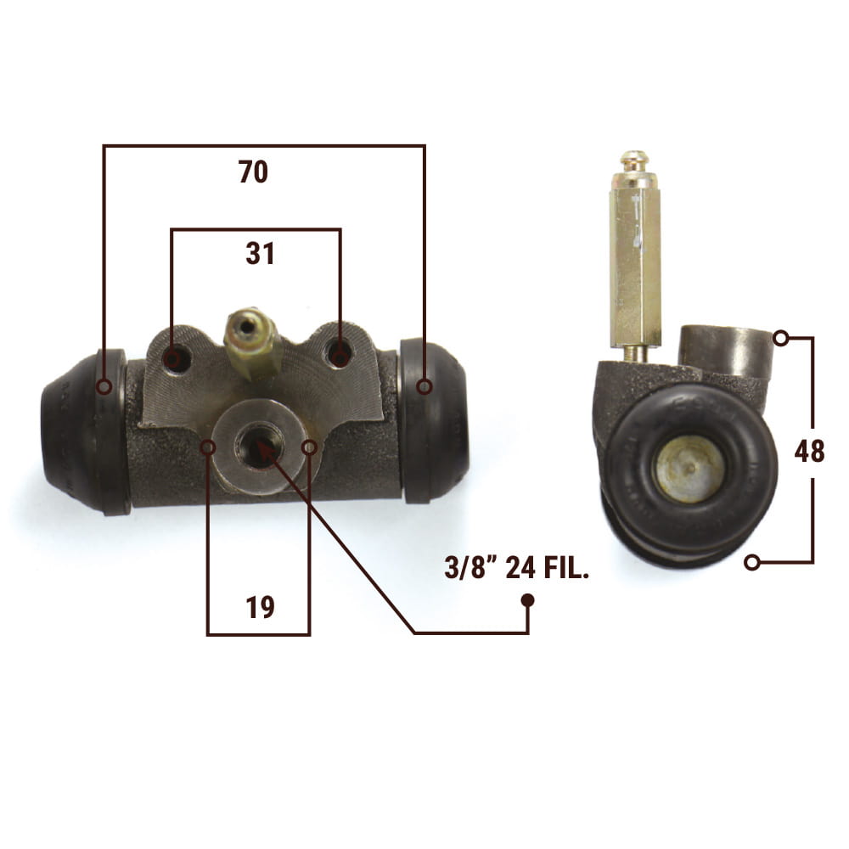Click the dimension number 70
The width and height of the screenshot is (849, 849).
click(253, 171)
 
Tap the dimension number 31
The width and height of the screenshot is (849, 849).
click(260, 253)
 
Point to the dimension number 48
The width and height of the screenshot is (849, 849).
click(809, 451)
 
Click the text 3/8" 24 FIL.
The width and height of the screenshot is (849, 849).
click(516, 569)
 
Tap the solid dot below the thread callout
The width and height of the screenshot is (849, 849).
click(527, 600)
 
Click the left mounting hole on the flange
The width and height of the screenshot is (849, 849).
click(172, 358)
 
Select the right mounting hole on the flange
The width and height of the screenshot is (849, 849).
click(340, 357)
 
